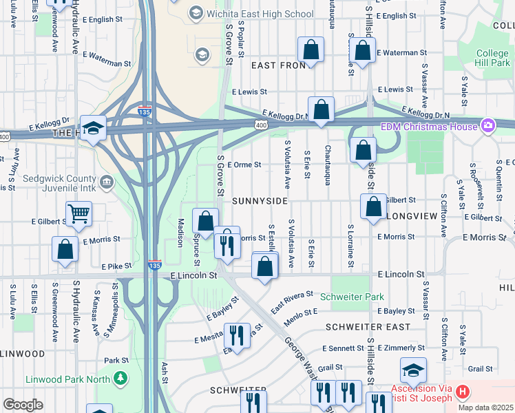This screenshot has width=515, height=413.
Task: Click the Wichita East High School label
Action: pos(260,14)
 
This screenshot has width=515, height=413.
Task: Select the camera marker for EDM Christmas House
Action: pos(488,126)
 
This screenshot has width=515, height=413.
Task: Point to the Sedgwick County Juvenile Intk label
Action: pos(48,182)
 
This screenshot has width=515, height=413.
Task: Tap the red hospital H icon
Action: pos(463,392)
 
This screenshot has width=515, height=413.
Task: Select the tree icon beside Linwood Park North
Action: pos(121,379)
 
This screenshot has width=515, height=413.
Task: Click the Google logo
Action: pos(23,405)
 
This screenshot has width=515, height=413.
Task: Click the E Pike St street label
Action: pos(116,266)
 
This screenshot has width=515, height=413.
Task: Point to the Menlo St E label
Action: pos(301,312)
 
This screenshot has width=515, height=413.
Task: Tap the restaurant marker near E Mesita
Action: pos(236,336)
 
